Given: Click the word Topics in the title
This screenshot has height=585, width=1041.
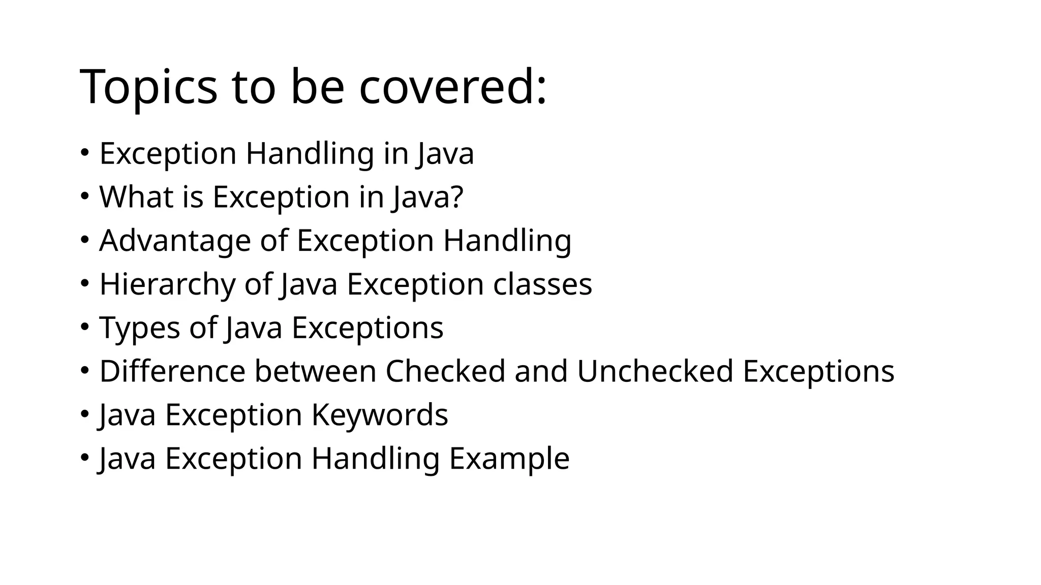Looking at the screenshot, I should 148,87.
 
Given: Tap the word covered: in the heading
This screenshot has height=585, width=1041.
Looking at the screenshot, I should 453,87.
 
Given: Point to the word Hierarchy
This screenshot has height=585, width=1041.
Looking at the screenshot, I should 167,284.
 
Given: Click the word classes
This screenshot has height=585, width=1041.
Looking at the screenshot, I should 542,284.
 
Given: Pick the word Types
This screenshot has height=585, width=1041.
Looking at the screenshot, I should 140,328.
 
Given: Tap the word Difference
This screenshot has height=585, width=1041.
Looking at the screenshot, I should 172,371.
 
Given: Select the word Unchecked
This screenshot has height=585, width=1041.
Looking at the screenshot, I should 655,371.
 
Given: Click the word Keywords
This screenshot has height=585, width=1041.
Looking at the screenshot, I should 380,415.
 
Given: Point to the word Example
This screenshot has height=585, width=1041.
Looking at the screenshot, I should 509,459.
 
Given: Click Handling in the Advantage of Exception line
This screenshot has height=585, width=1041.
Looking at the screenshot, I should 507,241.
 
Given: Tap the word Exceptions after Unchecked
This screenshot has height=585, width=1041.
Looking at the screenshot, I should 818,371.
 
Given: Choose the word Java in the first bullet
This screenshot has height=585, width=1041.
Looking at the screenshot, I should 445,154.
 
